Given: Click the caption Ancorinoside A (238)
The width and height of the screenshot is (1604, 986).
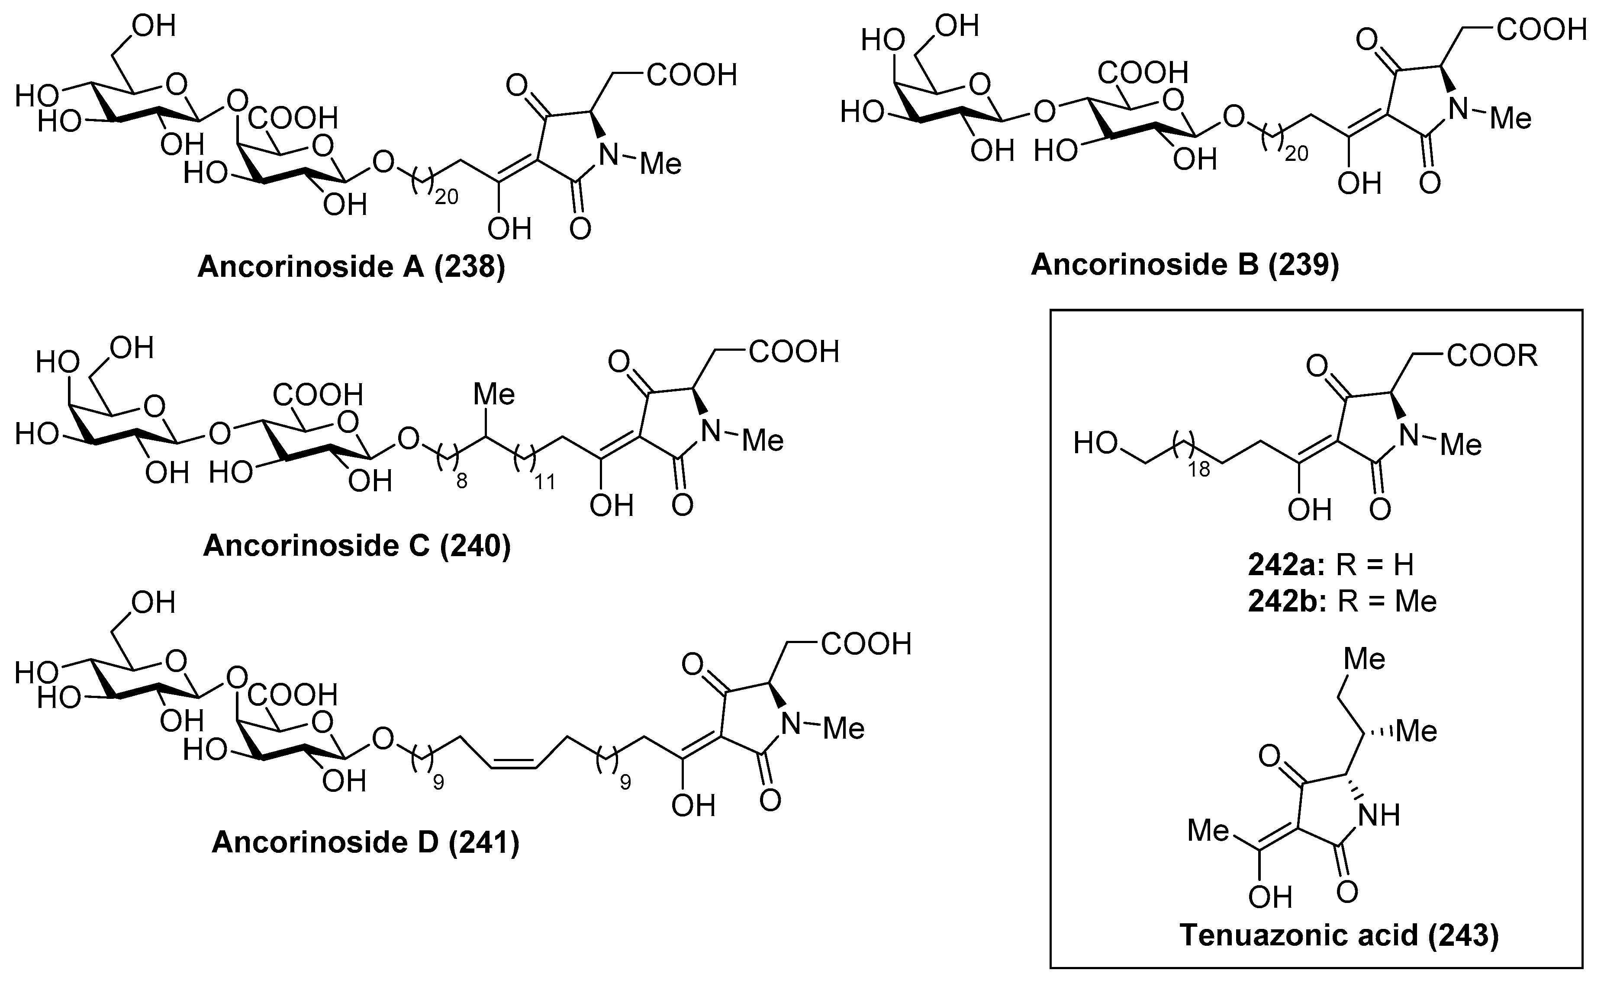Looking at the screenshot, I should [x=351, y=267].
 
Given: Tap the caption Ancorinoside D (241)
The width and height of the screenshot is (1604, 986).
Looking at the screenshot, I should [x=365, y=842].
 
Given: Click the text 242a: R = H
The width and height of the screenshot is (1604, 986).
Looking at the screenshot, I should [x=1331, y=565].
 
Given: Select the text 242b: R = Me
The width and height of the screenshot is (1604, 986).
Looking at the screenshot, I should [x=1342, y=601].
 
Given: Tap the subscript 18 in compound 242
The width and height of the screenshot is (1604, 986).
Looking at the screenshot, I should [x=1199, y=470].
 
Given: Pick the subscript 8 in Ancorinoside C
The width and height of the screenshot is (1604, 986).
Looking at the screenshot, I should [x=461, y=482].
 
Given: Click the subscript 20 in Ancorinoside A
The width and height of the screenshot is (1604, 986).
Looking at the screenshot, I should [x=446, y=197].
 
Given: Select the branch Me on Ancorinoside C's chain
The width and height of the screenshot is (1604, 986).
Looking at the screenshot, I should [x=494, y=394].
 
